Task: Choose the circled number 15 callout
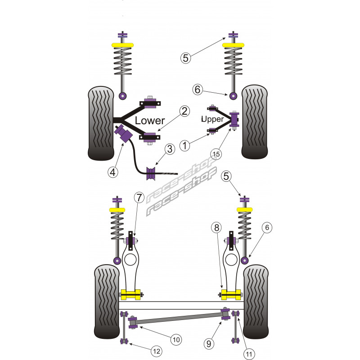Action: [216, 154]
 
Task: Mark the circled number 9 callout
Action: [208, 344]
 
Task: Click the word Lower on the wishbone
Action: [150, 121]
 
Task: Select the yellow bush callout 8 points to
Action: [230, 296]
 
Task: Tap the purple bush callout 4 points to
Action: [122, 134]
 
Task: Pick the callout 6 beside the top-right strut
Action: [197, 90]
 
